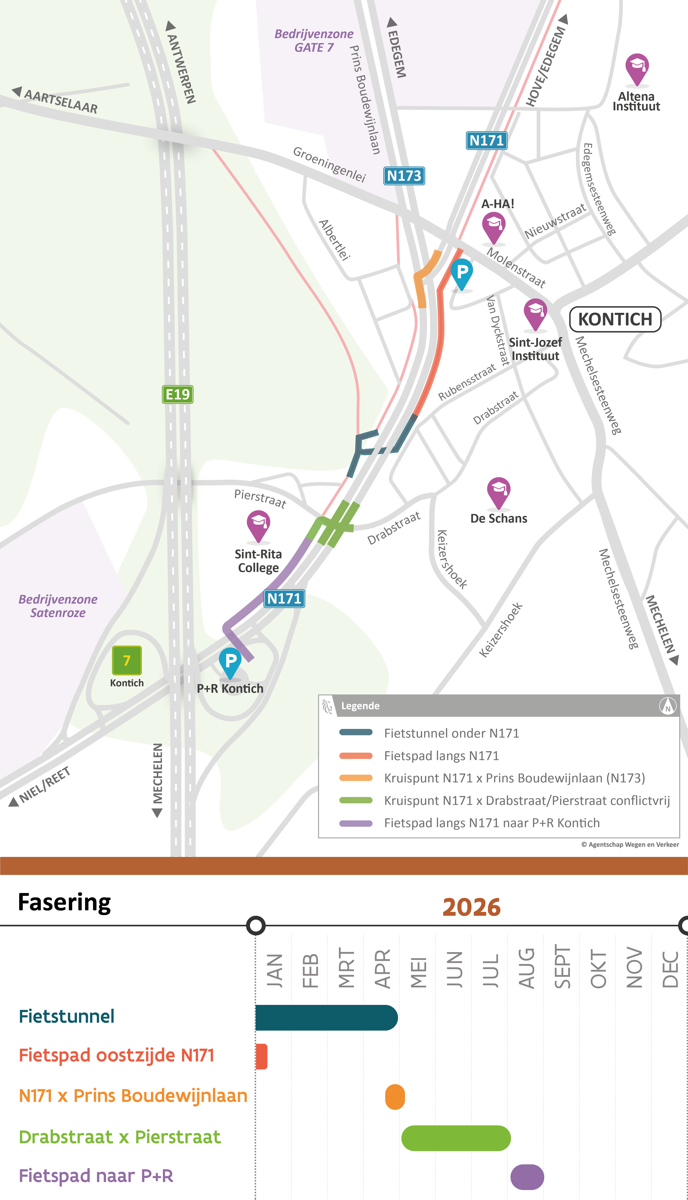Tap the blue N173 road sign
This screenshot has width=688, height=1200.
404,176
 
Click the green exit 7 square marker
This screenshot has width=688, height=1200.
127,660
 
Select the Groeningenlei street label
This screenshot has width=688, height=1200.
329,164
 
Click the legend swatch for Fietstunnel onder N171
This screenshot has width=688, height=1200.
356,732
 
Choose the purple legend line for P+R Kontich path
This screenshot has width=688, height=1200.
356,823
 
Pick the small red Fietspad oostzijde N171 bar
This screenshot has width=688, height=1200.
261,1056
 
